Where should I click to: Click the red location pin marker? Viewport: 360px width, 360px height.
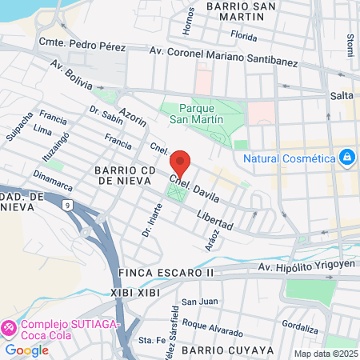[x=181, y=162]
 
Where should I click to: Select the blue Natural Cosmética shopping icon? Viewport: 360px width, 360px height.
[x=347, y=158]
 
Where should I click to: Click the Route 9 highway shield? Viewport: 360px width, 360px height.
[x=68, y=206]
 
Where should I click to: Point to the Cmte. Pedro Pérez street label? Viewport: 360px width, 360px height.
[x=87, y=47]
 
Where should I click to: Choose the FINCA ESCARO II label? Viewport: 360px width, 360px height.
[x=166, y=273]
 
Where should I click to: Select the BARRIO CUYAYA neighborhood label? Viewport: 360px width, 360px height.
[x=227, y=350]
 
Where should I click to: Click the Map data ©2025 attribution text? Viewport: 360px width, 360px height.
[x=324, y=353]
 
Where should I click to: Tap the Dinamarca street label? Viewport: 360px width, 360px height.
[x=53, y=180]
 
